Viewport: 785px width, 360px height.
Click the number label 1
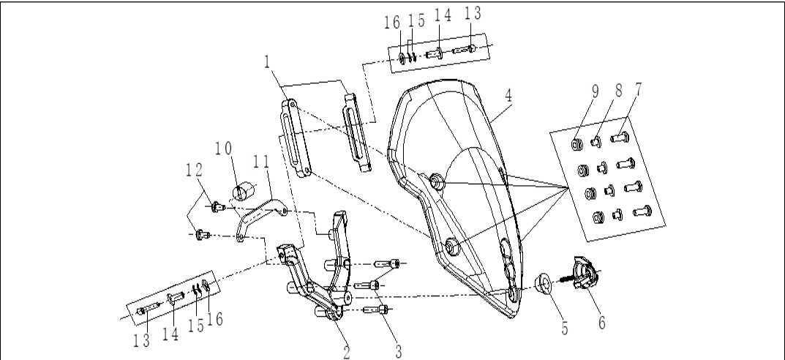point(267,63)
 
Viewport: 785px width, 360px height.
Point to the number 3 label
point(399,350)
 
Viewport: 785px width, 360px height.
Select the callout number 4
point(508,96)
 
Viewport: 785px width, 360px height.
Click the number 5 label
point(565,328)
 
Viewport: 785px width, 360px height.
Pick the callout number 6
point(602,323)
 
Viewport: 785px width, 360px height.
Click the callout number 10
point(225,149)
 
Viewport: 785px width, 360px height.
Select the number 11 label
point(261,161)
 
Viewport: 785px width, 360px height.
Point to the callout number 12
point(194,170)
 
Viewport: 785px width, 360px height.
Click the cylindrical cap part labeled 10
point(244,192)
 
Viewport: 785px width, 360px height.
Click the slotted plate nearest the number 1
point(295,138)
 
